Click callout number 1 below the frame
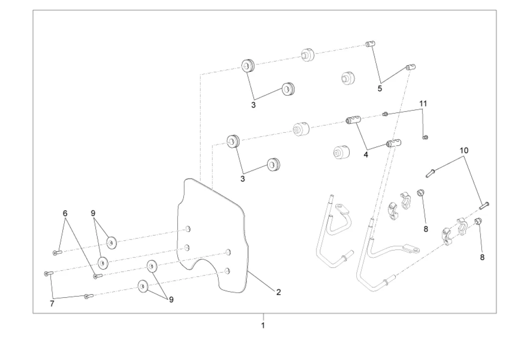pos(263,325)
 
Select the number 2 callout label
pos(279,292)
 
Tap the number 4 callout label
pos(366,153)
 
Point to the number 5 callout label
pos(380,88)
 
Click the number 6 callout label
pos(66,213)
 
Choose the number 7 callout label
pos(52,304)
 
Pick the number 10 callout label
pos(464,150)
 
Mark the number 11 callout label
pos(423,103)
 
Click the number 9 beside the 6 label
pos(94,213)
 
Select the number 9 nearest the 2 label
pos(171,300)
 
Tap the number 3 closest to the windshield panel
pos(243,179)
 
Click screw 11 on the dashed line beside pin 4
pos(385,114)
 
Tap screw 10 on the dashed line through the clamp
pos(484,204)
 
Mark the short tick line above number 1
pos(263,316)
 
